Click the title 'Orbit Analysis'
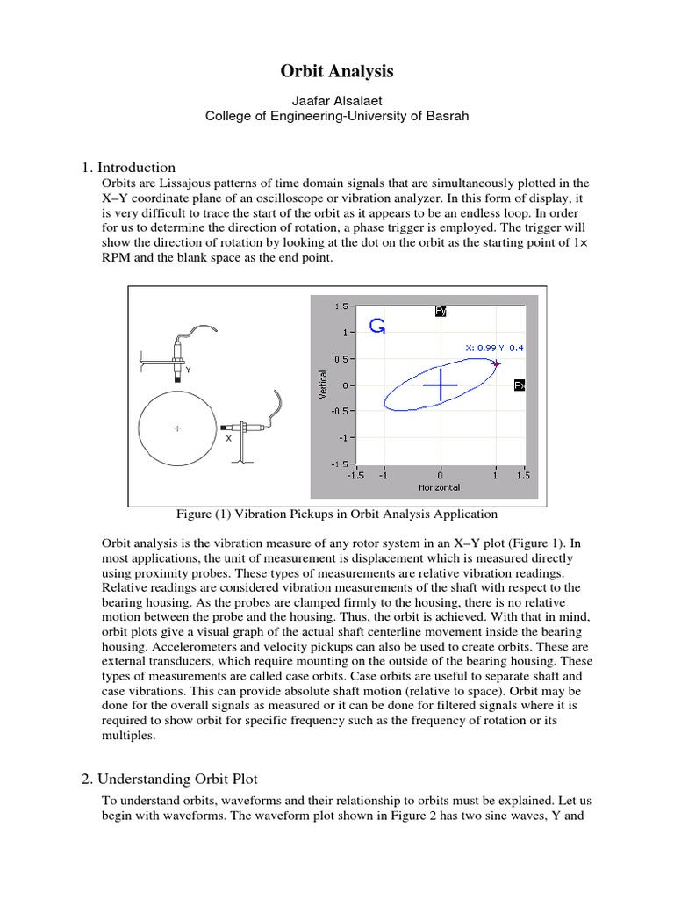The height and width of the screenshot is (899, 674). tap(337, 71)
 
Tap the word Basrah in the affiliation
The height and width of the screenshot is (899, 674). tap(448, 115)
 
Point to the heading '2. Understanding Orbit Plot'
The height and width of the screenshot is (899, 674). tap(176, 778)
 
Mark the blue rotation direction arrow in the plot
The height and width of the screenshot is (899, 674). tap(377, 327)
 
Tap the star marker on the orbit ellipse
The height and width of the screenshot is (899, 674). tap(497, 363)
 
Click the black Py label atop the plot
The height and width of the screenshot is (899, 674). tap(441, 310)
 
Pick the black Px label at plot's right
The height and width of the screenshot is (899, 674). tap(519, 385)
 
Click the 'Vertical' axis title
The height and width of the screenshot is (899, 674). tap(323, 385)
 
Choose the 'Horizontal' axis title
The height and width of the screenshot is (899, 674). tap(439, 486)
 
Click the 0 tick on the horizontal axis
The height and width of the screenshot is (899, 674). tap(441, 475)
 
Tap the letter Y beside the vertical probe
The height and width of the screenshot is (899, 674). tap(188, 370)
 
